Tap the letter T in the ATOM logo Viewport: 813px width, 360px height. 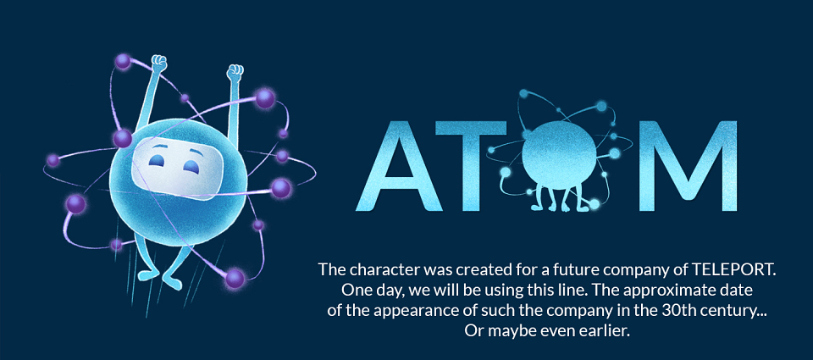click(x=470, y=166)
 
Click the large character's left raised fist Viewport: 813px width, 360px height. click(x=159, y=62)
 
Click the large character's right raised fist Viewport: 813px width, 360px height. click(x=235, y=72)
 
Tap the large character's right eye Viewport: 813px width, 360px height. click(x=192, y=167)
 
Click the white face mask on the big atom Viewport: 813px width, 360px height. click(x=172, y=169)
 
